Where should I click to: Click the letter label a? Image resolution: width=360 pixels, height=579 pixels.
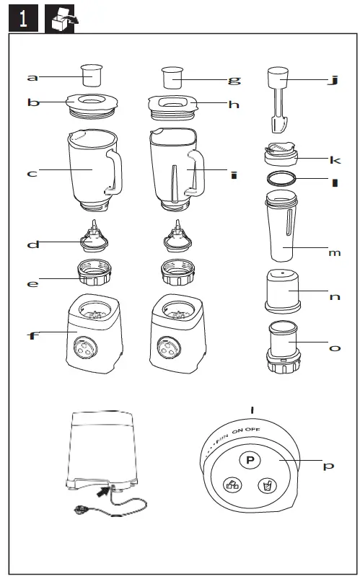coord(32,77)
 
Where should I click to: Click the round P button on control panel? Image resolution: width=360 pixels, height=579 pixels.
coord(250,459)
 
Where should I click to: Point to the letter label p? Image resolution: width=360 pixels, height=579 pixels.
coord(328,467)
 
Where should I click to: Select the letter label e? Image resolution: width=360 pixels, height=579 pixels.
coord(32,283)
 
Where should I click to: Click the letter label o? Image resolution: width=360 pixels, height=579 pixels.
coord(334,348)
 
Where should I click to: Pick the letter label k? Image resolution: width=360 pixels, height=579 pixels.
coord(334,159)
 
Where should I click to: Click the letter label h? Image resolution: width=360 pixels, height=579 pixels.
coord(233,105)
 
